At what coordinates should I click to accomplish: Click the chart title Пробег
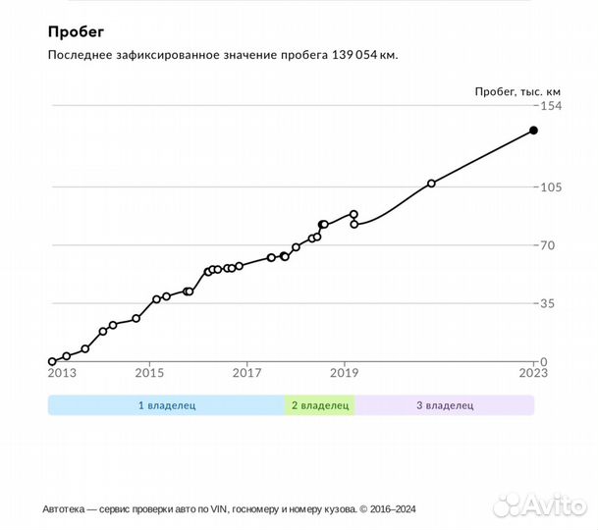pyautogui.click(x=76, y=31)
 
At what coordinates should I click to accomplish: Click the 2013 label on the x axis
pyautogui.click(x=61, y=373)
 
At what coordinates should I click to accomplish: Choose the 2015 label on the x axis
pyautogui.click(x=149, y=373)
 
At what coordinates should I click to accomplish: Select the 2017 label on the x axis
pyautogui.click(x=246, y=373)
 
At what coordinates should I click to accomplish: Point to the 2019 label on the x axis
pyautogui.click(x=344, y=373)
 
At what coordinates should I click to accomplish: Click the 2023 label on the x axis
pyautogui.click(x=533, y=373)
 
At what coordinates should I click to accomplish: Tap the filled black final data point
pyautogui.click(x=533, y=130)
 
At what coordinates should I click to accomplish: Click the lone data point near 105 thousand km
pyautogui.click(x=431, y=184)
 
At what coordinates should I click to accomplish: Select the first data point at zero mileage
pyautogui.click(x=52, y=362)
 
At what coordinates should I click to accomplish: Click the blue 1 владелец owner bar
pyautogui.click(x=166, y=404)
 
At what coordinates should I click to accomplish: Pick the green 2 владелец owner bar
pyautogui.click(x=320, y=404)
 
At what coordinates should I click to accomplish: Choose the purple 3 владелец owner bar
pyautogui.click(x=444, y=404)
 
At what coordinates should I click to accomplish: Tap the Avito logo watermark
pyautogui.click(x=538, y=504)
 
